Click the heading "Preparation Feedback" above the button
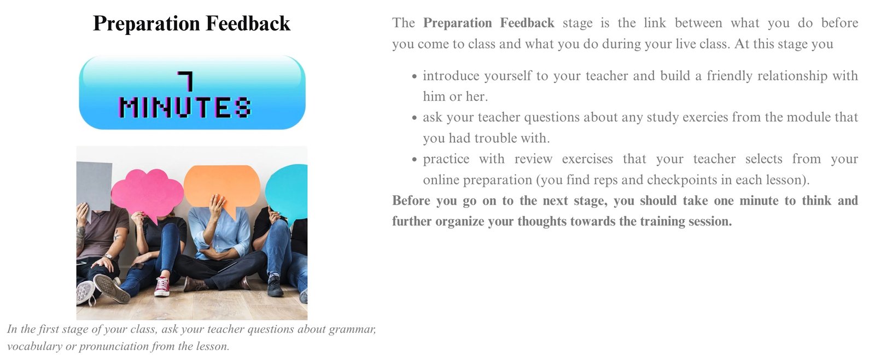click(x=191, y=24)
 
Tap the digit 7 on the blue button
click(x=185, y=81)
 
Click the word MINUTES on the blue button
click(x=185, y=107)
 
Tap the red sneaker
click(x=162, y=287)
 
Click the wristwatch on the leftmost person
click(x=109, y=257)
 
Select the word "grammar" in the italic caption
click(x=352, y=329)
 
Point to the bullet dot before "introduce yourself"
click(x=415, y=77)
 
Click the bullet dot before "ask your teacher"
click(x=415, y=118)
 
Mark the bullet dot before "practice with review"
click(x=415, y=160)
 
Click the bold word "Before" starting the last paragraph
click(x=411, y=201)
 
